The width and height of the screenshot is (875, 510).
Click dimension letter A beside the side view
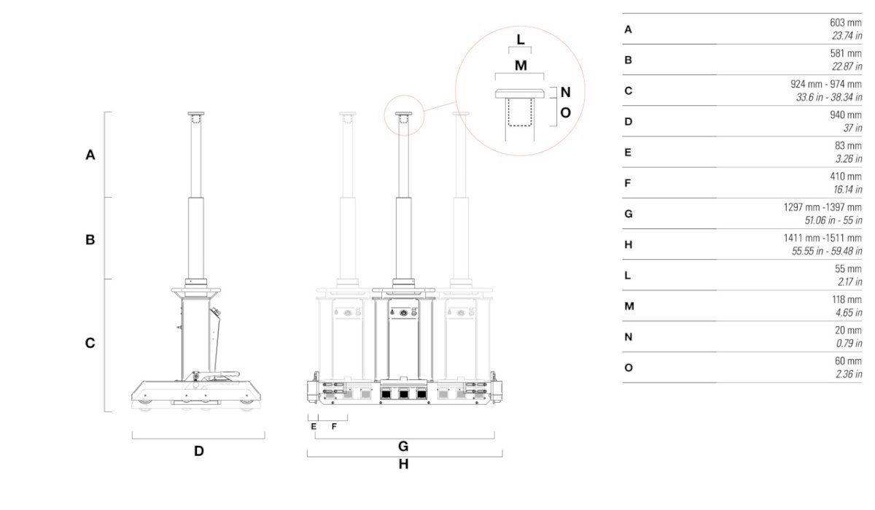(90, 155)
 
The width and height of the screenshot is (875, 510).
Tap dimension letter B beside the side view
(90, 239)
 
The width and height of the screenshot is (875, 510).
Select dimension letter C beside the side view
(90, 343)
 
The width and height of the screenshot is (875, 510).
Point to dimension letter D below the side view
(198, 451)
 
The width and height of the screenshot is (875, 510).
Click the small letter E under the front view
(314, 427)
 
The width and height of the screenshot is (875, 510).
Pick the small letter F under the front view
(334, 427)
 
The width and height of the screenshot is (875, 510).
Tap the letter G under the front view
(403, 446)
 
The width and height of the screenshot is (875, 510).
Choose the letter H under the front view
(403, 464)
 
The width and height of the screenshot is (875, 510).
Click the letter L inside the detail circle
(520, 39)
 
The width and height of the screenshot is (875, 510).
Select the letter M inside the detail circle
(520, 66)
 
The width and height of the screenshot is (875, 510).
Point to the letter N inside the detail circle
(565, 93)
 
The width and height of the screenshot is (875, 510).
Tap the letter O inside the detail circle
(565, 113)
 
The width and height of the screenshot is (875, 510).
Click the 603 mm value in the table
(846, 23)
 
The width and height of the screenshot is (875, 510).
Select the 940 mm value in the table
(846, 115)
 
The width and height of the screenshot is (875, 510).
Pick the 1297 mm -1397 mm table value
(822, 207)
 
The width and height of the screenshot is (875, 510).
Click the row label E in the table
(628, 152)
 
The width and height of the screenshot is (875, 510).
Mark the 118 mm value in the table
(846, 299)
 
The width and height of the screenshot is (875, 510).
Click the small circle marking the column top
(403, 115)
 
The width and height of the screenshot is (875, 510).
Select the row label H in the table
(628, 245)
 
